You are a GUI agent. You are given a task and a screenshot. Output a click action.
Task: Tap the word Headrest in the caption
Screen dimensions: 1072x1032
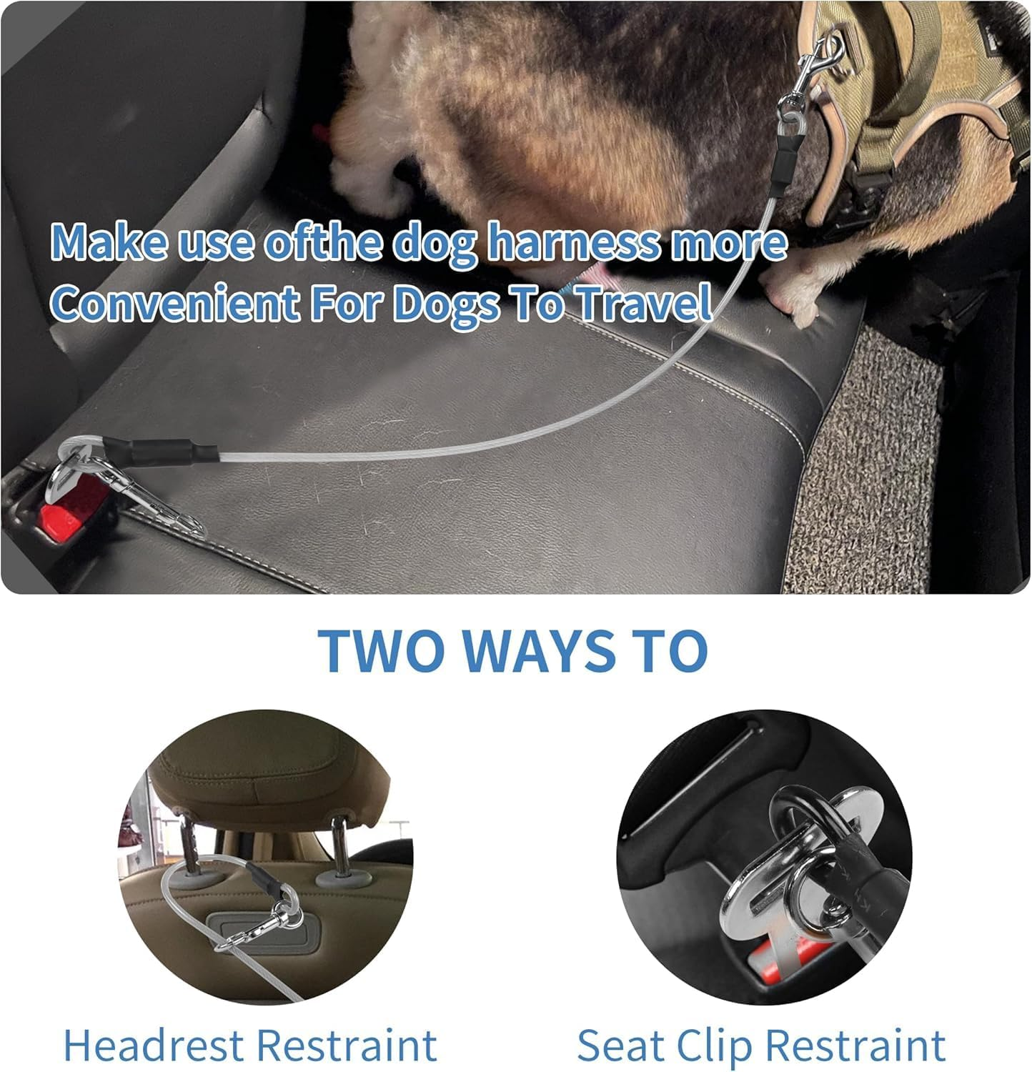pos(153,1045)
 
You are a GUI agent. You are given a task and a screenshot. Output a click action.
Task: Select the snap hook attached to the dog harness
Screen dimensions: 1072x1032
pos(819,68)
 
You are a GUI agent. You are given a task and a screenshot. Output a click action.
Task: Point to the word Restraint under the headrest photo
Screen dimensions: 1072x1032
pos(346,1045)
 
